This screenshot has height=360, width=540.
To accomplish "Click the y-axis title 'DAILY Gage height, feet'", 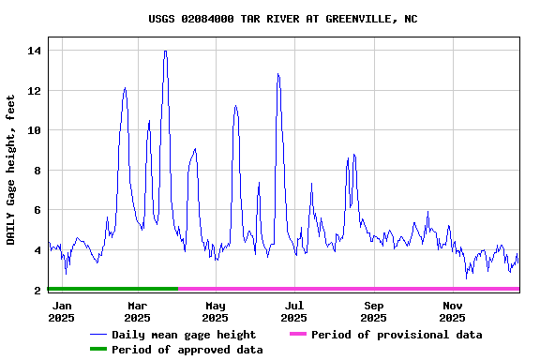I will [11, 170].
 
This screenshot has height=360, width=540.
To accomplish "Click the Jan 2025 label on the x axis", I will [62, 311].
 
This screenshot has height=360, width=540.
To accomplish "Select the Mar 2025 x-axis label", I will [138, 311].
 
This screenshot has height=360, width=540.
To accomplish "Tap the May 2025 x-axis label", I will [216, 311].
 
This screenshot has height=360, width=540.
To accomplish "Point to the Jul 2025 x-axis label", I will [294, 311].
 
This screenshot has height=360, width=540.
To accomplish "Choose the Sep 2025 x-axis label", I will [374, 311].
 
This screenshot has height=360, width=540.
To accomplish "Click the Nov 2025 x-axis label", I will [453, 311].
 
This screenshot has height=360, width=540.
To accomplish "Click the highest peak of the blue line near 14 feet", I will [165, 52].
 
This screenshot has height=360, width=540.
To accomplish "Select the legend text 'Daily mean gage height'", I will [184, 335].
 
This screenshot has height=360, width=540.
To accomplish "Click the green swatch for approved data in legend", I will [98, 350].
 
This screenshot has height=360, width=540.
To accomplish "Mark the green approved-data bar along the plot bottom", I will [112, 289].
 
